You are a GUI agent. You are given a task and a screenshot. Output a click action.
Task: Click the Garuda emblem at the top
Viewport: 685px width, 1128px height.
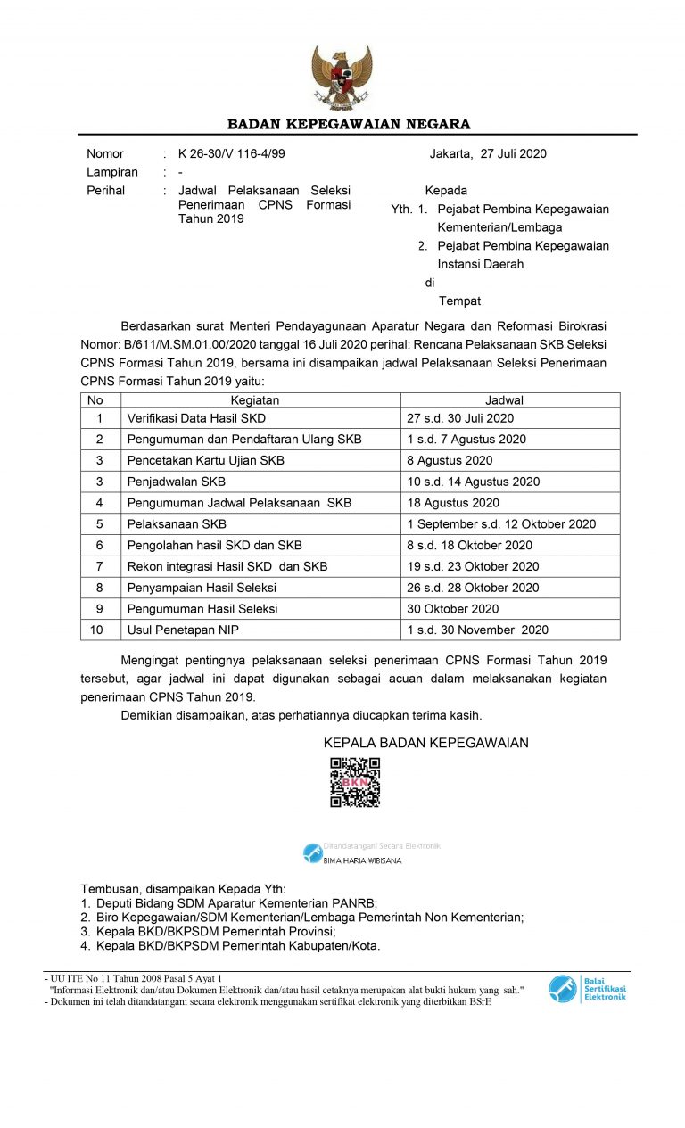coord(342,78)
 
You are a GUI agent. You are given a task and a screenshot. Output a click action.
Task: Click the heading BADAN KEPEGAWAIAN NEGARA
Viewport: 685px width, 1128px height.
coord(349,124)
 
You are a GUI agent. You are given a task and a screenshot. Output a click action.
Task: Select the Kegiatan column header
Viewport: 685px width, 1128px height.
coord(255,400)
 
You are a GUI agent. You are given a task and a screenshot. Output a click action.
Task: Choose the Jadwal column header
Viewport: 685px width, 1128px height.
coord(504,400)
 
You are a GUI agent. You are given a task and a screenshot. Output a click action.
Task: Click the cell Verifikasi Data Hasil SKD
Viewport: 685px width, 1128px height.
coord(196,418)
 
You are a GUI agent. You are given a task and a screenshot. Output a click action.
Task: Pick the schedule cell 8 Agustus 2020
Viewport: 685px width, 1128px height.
coord(450,460)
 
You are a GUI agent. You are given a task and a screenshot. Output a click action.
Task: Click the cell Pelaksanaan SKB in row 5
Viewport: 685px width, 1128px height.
coord(177,524)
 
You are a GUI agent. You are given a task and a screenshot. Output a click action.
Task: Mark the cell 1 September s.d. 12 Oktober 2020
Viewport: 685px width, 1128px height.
coord(501,524)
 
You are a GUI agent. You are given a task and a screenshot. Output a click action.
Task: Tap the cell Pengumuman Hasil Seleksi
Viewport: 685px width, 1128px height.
coord(202,609)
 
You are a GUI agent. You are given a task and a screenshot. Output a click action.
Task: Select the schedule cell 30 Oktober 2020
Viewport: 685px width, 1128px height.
coord(453,609)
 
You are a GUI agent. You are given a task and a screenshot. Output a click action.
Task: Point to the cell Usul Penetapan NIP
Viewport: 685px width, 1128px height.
coord(183,630)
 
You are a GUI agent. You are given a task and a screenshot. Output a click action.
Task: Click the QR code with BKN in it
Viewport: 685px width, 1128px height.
coord(355,782)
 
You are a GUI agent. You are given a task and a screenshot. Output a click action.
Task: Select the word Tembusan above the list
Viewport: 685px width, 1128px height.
coord(111,889)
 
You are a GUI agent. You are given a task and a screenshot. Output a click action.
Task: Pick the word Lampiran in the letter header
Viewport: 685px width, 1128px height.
coord(112,172)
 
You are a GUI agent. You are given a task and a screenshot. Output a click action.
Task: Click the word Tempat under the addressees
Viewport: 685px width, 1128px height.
coord(459,301)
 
